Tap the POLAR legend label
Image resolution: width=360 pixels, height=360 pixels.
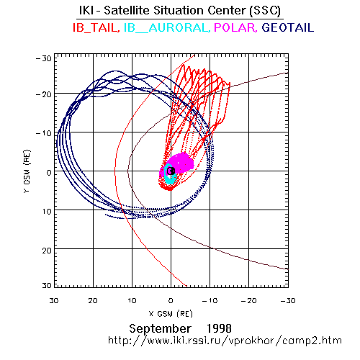point(235,27)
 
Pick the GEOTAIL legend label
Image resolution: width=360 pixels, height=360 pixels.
point(288,27)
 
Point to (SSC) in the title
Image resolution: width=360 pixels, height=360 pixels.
point(265,11)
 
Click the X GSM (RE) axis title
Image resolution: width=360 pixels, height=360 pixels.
point(171,314)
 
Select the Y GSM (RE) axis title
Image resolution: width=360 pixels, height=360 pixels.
point(27,171)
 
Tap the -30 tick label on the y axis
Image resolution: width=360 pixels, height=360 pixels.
point(44,58)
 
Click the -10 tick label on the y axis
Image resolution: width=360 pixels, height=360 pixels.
point(44,133)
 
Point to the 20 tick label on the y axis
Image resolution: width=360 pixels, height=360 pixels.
point(47,251)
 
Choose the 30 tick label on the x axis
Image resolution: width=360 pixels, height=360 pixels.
point(54,300)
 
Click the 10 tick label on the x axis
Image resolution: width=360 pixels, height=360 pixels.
point(132,300)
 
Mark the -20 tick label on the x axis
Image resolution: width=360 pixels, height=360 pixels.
point(249,300)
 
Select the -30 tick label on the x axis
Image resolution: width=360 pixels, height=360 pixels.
point(288,300)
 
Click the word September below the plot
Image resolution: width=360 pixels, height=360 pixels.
point(161,329)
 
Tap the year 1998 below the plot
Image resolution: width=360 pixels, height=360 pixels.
point(219,328)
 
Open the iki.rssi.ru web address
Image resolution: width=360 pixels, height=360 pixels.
point(225,341)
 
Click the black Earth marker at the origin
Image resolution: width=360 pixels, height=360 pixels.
point(171,171)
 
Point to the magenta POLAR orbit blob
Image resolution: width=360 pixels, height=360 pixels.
point(180,163)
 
